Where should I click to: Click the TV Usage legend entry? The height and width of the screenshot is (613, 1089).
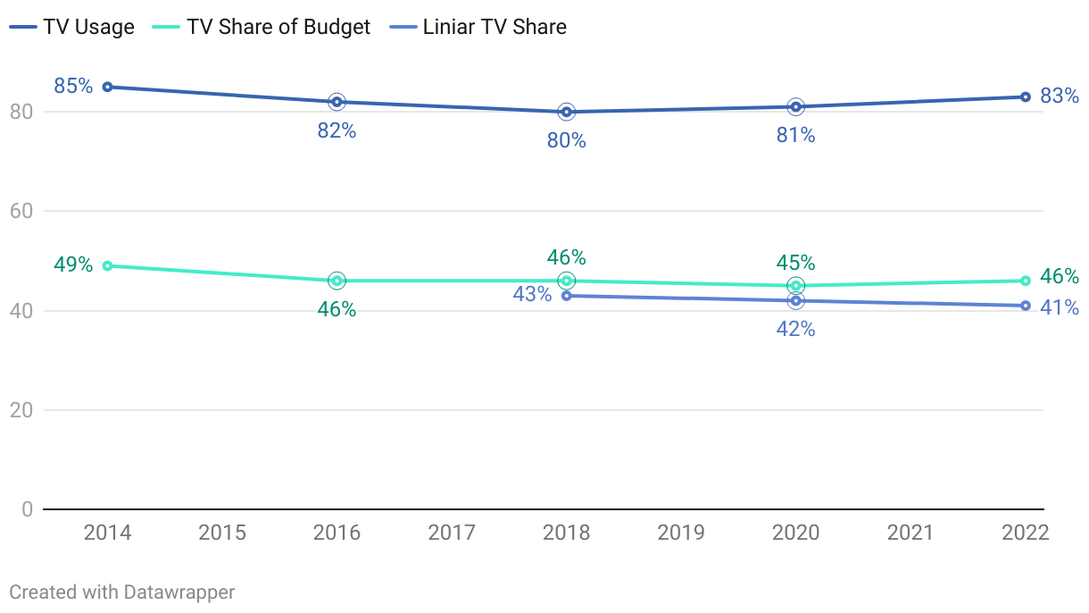tap(72, 27)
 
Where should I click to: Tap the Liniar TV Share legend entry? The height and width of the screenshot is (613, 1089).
tap(479, 27)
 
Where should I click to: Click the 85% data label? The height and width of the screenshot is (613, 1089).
tap(73, 86)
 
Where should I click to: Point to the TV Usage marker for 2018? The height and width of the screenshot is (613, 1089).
tap(566, 112)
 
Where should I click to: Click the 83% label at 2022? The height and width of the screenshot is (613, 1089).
tap(1060, 95)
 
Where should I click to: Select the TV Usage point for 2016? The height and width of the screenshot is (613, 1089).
tap(337, 102)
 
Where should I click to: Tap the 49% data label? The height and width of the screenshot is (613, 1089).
tap(73, 265)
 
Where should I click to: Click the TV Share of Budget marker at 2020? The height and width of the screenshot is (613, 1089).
tap(795, 286)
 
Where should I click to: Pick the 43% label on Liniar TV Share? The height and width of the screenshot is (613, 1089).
tap(532, 293)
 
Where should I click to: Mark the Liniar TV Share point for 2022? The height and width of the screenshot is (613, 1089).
tap(1026, 306)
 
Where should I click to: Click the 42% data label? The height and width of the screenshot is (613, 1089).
tap(795, 329)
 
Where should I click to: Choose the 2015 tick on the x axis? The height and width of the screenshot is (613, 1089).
tap(222, 533)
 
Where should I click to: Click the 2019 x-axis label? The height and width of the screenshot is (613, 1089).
tap(681, 533)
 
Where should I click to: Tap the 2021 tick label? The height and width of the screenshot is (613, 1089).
tap(910, 533)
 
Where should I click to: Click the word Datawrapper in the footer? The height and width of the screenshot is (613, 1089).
tap(179, 592)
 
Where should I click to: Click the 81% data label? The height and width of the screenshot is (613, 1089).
tap(795, 135)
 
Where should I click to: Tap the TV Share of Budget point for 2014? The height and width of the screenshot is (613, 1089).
tap(107, 265)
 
